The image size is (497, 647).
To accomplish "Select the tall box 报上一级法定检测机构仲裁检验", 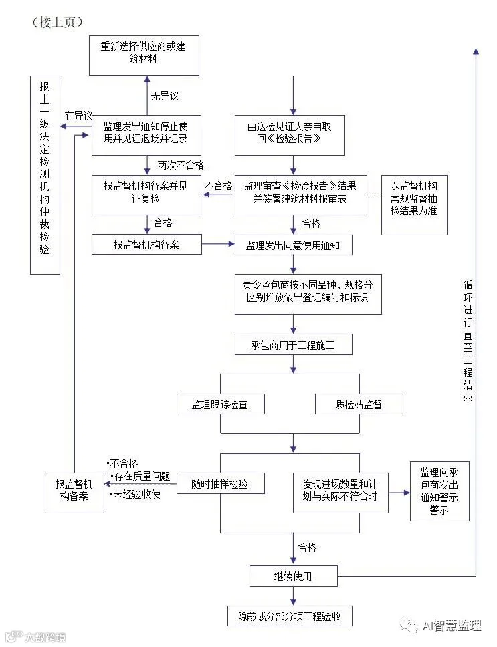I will [45, 175].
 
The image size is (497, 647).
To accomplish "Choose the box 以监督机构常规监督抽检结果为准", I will [414, 205].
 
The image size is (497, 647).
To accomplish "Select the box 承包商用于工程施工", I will [293, 345].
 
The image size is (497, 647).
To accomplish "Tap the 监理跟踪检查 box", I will [220, 404].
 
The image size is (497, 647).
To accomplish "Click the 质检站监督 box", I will [359, 404].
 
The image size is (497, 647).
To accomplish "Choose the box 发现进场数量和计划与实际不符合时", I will [340, 493].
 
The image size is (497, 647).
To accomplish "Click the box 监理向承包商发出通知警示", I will [439, 491].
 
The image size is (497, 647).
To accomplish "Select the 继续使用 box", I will [293, 575].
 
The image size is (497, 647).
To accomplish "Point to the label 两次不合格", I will [181, 165].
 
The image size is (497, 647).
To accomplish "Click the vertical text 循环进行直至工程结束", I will [468, 341].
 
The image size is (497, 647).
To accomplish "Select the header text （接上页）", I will [57, 22].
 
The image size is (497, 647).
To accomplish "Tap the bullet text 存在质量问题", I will [142, 476].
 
